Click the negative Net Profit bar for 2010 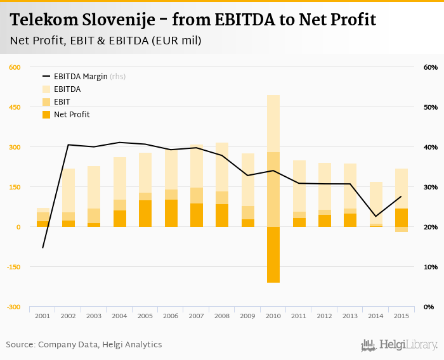(x=273, y=254)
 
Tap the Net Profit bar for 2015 (x=401, y=217)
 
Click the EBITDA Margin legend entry (x=80, y=77)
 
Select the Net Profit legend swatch (x=46, y=115)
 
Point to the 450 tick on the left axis (x=15, y=107)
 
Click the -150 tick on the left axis (x=13, y=267)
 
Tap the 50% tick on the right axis (x=430, y=107)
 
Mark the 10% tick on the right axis (x=430, y=267)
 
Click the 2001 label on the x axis (x=42, y=316)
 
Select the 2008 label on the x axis (x=222, y=316)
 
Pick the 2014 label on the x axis (x=375, y=316)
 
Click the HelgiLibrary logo (x=400, y=345)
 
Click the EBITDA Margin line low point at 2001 (x=42, y=247)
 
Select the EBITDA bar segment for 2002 (x=69, y=190)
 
